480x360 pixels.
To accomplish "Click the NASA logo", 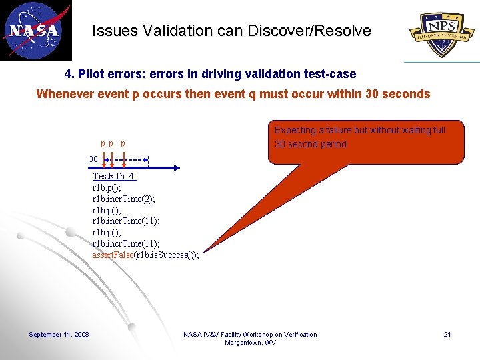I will point(35,31).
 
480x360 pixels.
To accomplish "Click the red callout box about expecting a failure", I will point(366,142).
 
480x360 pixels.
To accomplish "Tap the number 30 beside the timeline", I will point(94,159).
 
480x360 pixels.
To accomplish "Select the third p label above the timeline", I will point(123,143).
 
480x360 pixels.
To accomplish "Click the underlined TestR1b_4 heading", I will point(114,176).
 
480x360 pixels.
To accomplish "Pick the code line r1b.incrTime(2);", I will point(125,199).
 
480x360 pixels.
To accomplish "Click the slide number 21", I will point(447,334).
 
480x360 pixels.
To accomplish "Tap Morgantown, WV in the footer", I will point(250,343).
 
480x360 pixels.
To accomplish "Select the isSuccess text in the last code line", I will point(171,255).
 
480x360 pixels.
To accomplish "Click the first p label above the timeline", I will point(103,143).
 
